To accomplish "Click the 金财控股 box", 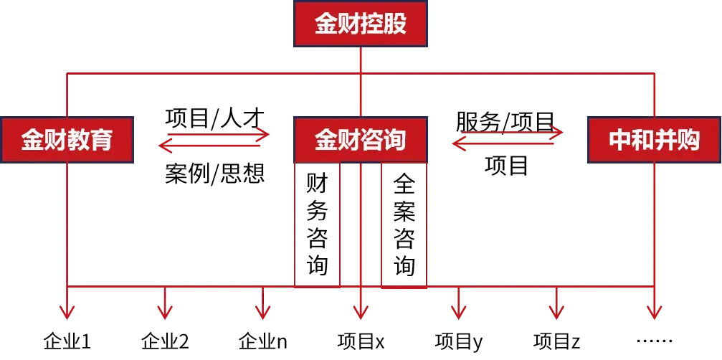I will pos(361,24).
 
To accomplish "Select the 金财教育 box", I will pos(67,139).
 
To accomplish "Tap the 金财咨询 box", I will pos(361,139).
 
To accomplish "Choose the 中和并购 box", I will pos(654,139).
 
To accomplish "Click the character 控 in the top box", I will pos(372,24).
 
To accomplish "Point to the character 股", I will pos(395,24).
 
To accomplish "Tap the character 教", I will pos(78,139).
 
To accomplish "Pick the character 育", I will pos(101,139).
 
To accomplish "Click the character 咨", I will pos(372,139).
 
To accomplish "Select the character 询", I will pos(395,139).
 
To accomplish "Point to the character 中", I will pos(619,139).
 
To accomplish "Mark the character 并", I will pos(665,139).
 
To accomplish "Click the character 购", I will pos(688,139).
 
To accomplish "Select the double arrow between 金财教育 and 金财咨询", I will pos(214,141).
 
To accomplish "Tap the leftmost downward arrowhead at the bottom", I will pos(67,312).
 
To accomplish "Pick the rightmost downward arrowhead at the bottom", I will pos(654,312).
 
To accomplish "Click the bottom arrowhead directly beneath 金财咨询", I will pos(361,312).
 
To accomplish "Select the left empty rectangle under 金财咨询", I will pos(318,222).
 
